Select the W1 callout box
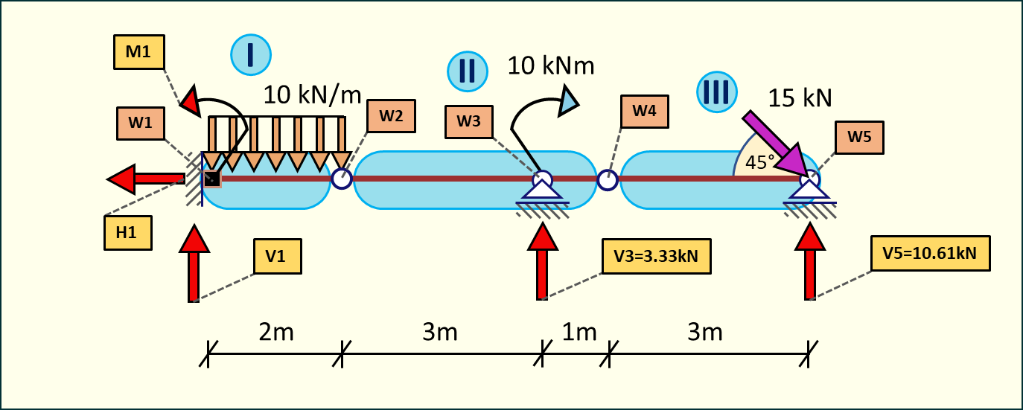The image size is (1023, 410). coord(140,124)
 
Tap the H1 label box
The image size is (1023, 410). coord(127,232)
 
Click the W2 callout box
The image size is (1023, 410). coord(391,116)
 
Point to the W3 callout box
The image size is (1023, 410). coord(468,122)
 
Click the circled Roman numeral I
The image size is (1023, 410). coord(250,54)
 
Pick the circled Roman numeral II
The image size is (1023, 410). coord(467,71)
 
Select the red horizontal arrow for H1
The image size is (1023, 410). coord(146,179)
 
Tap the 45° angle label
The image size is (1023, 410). coord(760,163)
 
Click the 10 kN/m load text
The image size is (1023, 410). coord(312,95)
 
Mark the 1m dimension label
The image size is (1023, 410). coord(579,332)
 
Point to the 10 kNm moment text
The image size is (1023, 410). coord(552,65)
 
